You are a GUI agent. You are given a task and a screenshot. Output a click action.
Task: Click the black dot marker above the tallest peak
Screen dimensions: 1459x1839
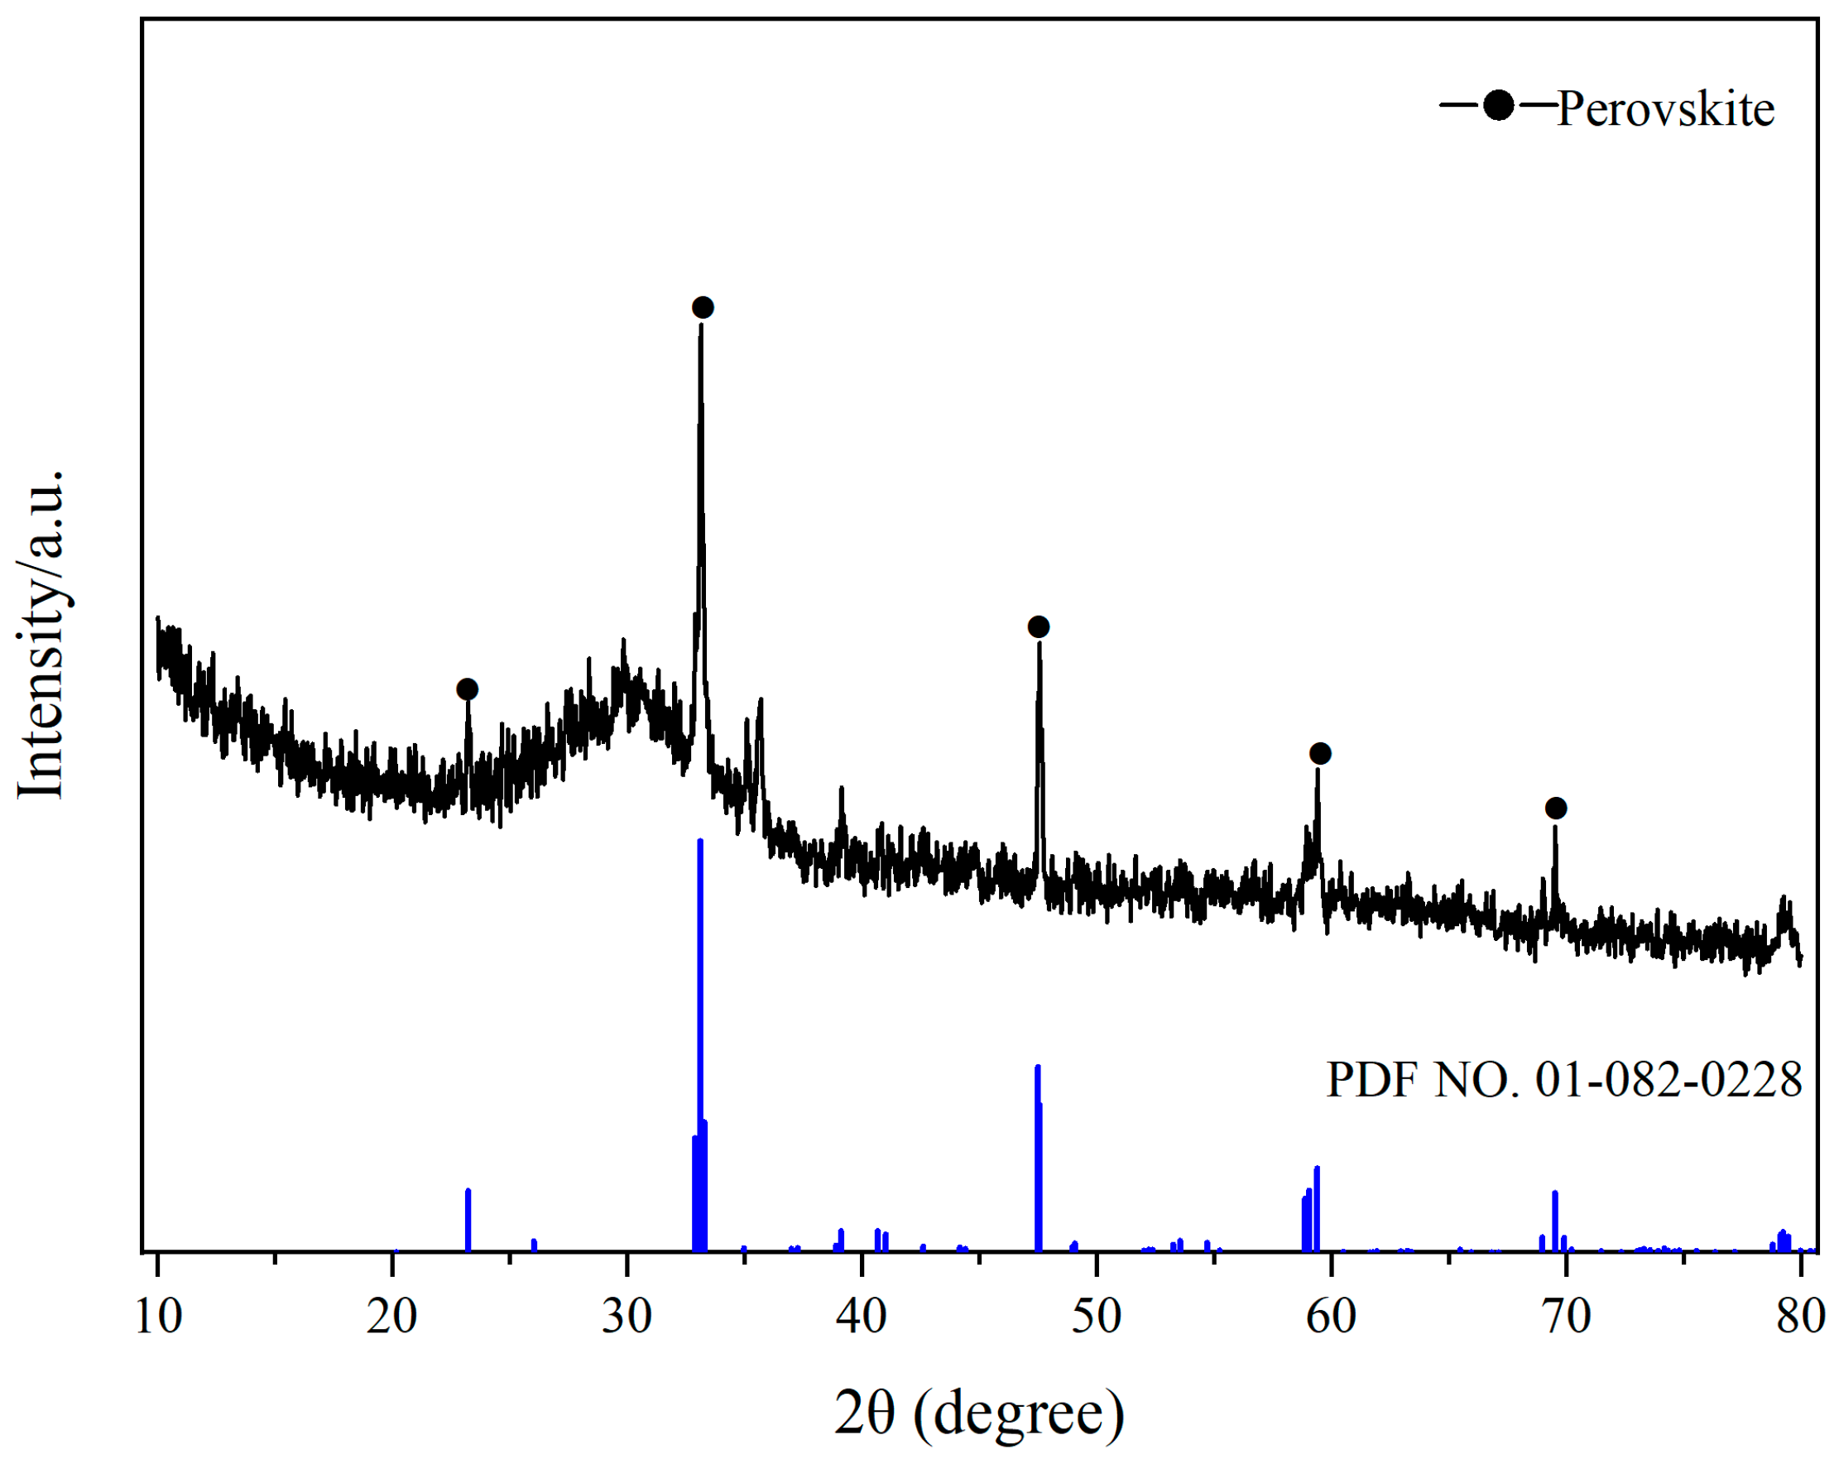[x=702, y=307]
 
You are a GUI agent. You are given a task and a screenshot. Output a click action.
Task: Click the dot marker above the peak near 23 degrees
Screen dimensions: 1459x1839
[x=467, y=689]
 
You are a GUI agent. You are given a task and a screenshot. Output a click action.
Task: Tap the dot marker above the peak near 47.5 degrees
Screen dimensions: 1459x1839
[x=1038, y=626]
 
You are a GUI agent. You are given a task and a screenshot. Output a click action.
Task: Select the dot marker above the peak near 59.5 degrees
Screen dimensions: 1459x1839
[x=1319, y=753]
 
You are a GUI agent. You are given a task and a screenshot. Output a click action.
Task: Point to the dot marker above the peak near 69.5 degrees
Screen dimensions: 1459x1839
[x=1556, y=808]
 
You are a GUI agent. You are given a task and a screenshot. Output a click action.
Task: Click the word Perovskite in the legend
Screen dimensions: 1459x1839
[x=1665, y=110]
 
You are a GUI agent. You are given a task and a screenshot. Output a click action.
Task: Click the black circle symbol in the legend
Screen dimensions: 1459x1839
[x=1499, y=106]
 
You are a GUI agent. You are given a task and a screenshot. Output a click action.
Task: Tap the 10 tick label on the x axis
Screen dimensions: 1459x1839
[x=159, y=1317]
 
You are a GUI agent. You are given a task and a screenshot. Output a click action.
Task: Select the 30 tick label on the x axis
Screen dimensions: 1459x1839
[x=627, y=1317]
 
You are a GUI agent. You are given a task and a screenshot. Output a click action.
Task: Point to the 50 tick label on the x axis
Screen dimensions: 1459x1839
[x=1096, y=1317]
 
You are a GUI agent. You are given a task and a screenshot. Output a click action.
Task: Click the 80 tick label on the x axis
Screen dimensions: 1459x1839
[x=1800, y=1317]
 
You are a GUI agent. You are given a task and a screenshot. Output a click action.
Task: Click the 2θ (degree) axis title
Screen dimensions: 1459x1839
[x=979, y=1413]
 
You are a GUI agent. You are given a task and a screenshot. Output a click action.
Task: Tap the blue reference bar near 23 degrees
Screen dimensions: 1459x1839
[x=468, y=1219]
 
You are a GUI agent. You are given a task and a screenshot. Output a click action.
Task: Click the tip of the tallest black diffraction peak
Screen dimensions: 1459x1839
[x=701, y=326]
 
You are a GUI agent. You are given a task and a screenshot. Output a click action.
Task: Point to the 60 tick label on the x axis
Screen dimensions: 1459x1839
[x=1331, y=1317]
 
